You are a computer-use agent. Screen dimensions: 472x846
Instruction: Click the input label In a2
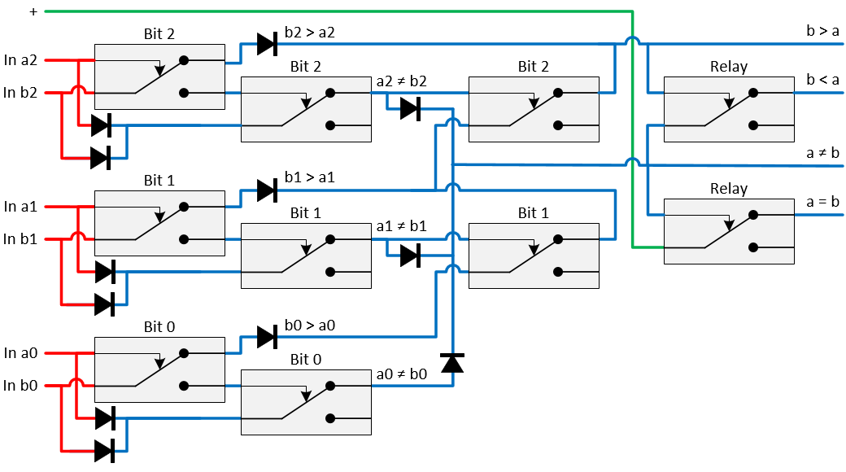[x=21, y=59]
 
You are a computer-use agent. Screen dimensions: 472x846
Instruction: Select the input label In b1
[x=21, y=238]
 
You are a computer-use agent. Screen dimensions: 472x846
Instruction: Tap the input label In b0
[x=21, y=385]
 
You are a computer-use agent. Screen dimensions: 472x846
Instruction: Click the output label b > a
[x=822, y=31]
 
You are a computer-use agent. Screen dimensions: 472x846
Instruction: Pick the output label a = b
[x=822, y=201]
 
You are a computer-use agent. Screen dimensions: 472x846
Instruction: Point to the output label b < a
[x=822, y=79]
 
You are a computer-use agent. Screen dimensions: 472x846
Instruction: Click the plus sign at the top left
[x=33, y=11]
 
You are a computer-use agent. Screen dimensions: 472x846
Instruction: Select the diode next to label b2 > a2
[x=267, y=44]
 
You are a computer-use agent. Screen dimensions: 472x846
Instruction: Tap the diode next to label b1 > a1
[x=267, y=190]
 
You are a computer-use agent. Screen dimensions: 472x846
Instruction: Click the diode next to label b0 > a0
[x=267, y=336]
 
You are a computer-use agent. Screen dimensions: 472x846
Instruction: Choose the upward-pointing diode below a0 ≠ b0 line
[x=451, y=363]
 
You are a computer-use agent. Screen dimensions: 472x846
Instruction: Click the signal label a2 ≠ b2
[x=401, y=81]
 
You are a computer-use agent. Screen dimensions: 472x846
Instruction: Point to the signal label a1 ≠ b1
[x=401, y=227]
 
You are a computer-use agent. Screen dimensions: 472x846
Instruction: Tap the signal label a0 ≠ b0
[x=401, y=374]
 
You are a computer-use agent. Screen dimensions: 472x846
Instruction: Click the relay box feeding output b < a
[x=729, y=109]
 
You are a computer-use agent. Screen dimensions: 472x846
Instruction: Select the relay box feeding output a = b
[x=729, y=231]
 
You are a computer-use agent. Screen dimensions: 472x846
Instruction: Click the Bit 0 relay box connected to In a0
[x=159, y=369]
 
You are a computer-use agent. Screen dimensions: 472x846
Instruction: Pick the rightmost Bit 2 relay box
[x=534, y=109]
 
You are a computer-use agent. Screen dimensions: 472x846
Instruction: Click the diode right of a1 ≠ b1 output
[x=411, y=256]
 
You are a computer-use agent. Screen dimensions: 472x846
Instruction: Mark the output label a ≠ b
[x=822, y=151]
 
